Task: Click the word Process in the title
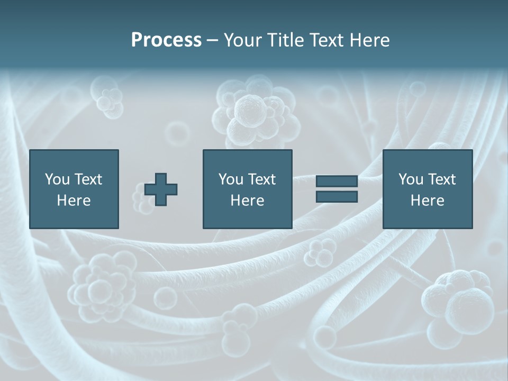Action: click(166, 40)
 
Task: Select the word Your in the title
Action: click(243, 40)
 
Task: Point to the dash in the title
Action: click(212, 41)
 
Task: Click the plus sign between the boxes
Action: click(161, 189)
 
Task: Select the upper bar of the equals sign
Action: click(337, 182)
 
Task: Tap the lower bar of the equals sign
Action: click(337, 197)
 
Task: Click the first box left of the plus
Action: click(74, 189)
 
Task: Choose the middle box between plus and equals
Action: click(247, 189)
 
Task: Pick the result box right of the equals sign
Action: click(428, 189)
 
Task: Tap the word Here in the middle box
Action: click(247, 201)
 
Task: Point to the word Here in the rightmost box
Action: click(428, 201)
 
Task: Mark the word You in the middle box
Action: click(231, 179)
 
